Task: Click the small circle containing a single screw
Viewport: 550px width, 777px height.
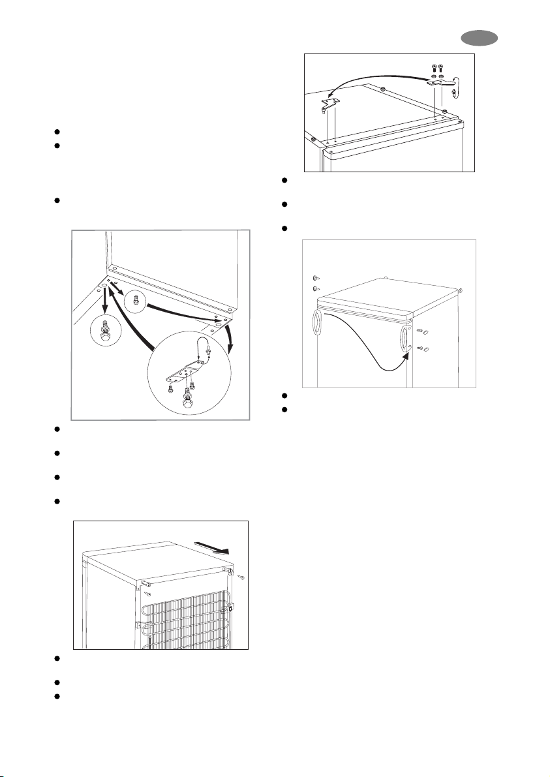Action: (135, 301)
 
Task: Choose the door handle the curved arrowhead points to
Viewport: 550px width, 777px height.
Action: (404, 342)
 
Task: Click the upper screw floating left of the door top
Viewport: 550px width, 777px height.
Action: (315, 278)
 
